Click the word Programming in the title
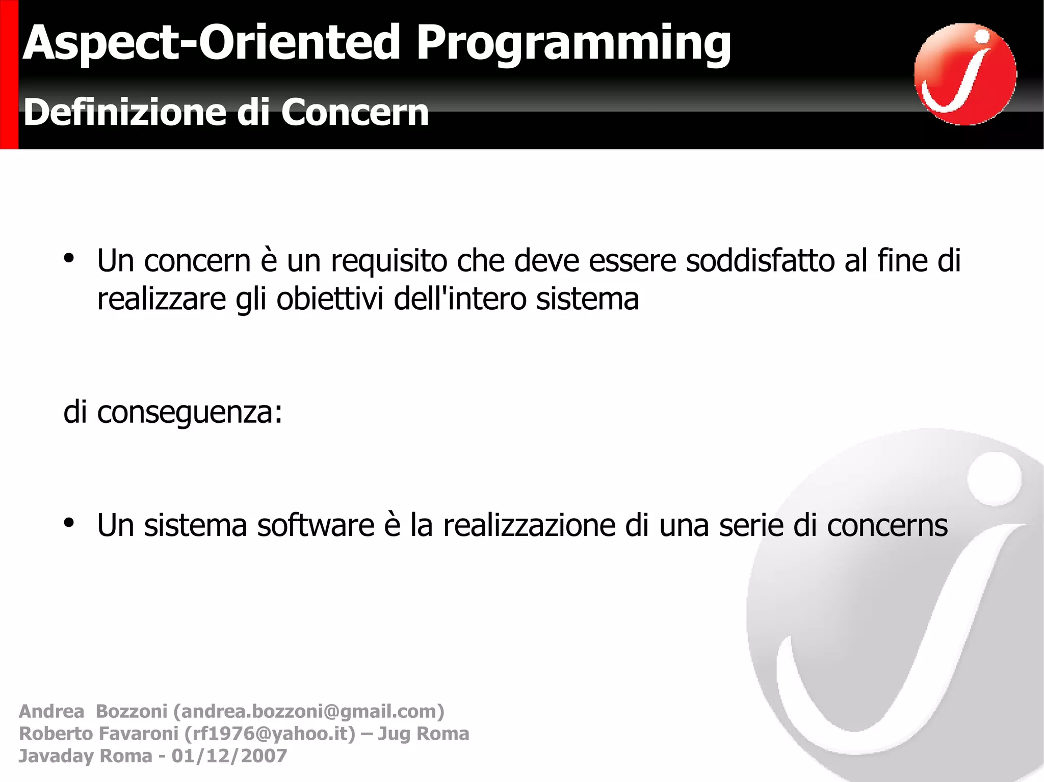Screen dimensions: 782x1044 coord(573,45)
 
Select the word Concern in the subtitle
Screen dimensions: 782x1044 coord(354,113)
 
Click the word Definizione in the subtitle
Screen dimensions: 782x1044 coord(125,113)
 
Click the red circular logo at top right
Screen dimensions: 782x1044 coord(965,74)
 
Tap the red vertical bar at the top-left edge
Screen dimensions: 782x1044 coord(9,74)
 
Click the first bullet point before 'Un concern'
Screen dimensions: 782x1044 coord(69,258)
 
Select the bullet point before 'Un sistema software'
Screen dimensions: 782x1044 coord(69,523)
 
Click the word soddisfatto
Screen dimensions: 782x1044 coord(760,261)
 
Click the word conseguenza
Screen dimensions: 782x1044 coord(189,413)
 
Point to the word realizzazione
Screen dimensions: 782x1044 coord(529,526)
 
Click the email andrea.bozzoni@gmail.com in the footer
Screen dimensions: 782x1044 coord(308,711)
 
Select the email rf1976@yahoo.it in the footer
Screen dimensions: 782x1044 coord(270,734)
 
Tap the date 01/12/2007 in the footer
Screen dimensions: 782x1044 coord(229,756)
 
